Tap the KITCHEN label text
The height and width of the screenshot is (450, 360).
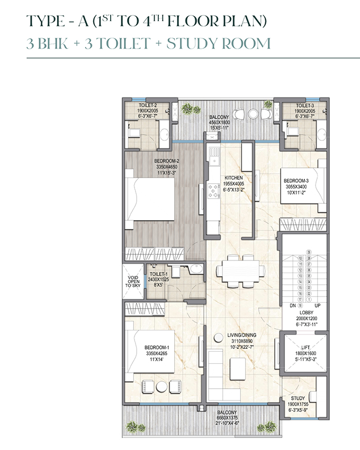233,178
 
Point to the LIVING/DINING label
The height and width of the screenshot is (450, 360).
229,335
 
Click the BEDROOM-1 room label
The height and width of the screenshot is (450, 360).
157,347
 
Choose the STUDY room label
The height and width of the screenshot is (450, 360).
298,398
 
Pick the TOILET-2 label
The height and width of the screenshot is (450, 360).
140,105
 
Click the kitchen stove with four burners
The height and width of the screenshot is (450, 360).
213,191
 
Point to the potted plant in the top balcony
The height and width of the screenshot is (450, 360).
187,109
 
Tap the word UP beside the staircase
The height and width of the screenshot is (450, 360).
318,305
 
